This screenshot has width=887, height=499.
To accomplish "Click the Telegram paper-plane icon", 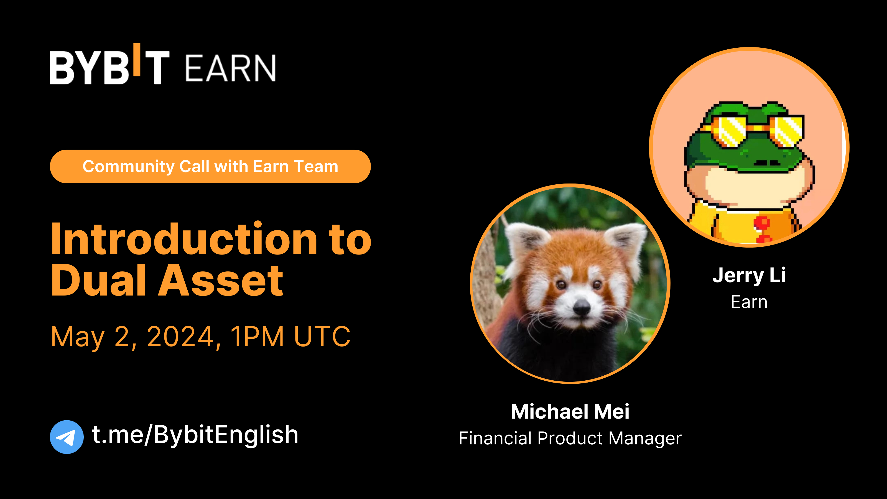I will click(x=67, y=437).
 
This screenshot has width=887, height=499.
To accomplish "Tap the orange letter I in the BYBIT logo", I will click(x=137, y=60).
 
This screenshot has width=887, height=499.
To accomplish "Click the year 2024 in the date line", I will click(x=180, y=337).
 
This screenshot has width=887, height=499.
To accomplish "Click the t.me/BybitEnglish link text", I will click(x=195, y=435).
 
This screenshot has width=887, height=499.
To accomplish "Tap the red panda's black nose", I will click(x=582, y=306).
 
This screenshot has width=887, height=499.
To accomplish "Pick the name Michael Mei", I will click(x=570, y=411).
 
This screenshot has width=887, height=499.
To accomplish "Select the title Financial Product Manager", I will click(x=570, y=438).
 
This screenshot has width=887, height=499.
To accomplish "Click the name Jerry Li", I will click(x=749, y=275).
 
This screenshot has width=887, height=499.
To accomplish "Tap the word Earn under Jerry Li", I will click(x=749, y=302).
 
